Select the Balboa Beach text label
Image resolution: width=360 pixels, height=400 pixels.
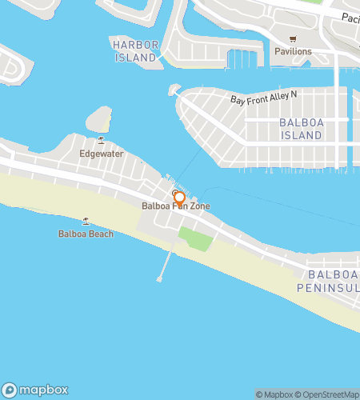click(x=86, y=234)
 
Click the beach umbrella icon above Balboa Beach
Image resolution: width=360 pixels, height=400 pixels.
click(x=86, y=222)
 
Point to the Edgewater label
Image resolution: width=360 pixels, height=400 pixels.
click(x=101, y=153)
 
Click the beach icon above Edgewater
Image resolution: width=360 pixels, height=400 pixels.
click(x=101, y=140)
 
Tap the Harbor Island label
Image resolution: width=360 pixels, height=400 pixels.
click(x=134, y=51)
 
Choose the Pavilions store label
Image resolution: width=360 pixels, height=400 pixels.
click(x=292, y=51)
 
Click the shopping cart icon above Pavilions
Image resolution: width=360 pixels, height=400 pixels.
click(x=293, y=38)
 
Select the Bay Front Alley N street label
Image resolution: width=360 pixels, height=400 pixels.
click(x=263, y=98)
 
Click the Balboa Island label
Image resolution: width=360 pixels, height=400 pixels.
click(x=301, y=130)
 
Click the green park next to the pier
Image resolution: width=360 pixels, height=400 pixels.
click(x=194, y=238)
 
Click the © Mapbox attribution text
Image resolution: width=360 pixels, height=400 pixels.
click(x=274, y=394)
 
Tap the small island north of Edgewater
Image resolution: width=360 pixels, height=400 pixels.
click(x=98, y=119)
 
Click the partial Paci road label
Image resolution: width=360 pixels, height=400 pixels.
click(x=349, y=17)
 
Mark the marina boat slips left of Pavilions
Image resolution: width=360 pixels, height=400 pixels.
click(x=242, y=58)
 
